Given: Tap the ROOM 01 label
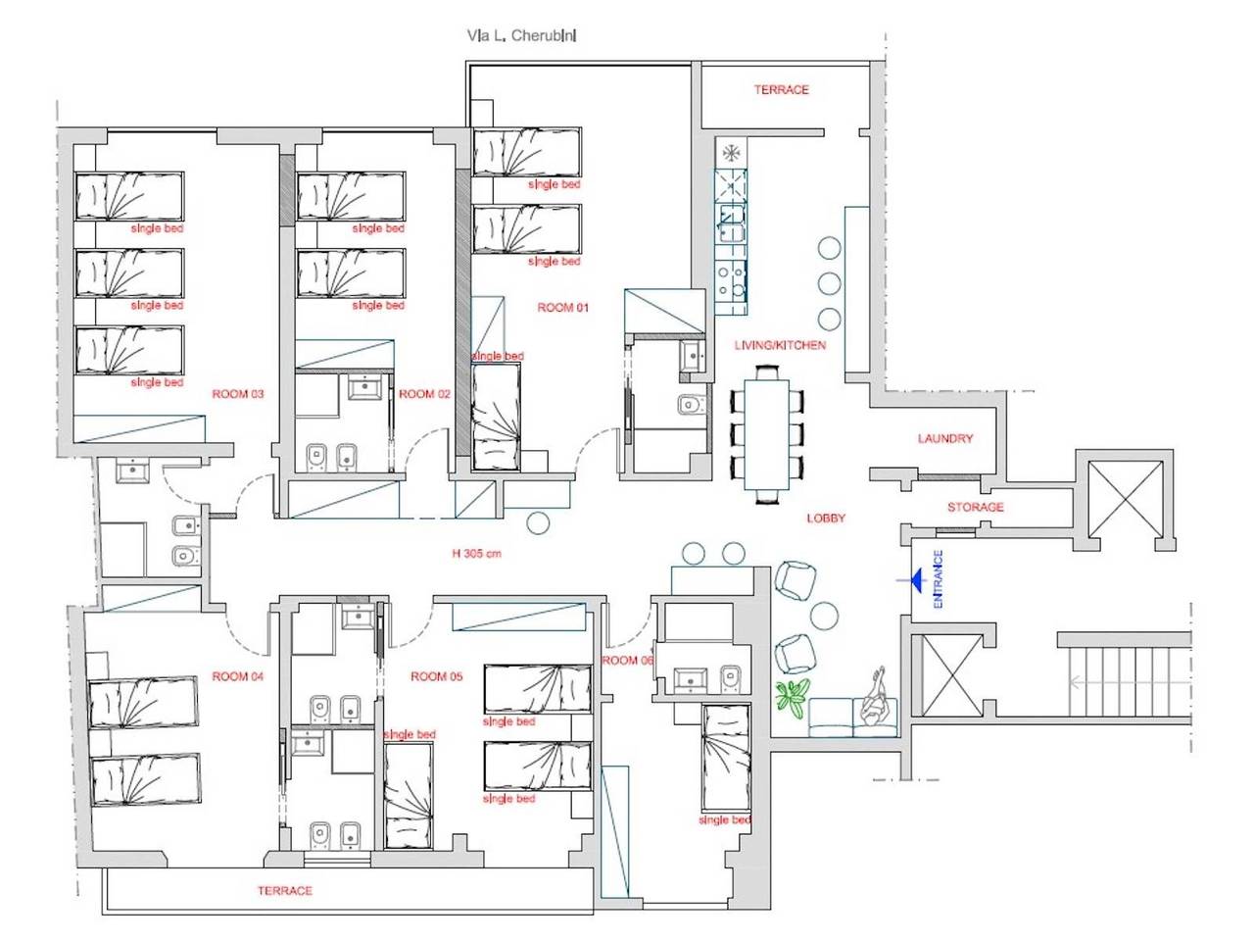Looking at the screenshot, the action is [562, 308].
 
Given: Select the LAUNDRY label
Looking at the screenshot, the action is [945, 438].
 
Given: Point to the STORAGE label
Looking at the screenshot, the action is [975, 507].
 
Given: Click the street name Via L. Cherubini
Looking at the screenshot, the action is [521, 35].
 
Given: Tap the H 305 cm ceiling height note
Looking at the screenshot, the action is [476, 553].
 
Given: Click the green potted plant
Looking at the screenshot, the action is [793, 699].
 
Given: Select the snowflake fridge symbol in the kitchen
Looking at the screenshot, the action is [730, 153].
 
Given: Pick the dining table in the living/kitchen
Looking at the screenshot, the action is [767, 434].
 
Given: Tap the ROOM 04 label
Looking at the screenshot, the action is [238, 676].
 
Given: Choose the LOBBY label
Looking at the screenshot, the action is [826, 519].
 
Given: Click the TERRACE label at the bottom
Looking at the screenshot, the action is [284, 890].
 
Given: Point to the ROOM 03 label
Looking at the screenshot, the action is [238, 394].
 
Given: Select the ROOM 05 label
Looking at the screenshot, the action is [437, 676].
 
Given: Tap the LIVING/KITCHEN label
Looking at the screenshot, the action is [780, 345].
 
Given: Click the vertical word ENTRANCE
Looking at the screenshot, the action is [938, 578].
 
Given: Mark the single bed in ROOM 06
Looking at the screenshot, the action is [726, 758].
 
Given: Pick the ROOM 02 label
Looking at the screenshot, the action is [424, 394].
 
